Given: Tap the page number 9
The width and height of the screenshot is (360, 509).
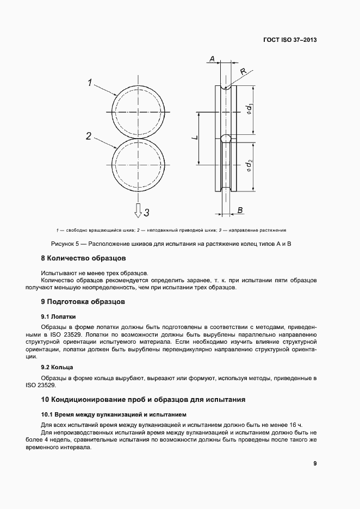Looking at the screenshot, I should [x=315, y=464].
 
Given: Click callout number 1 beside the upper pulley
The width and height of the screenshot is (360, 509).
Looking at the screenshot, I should [x=91, y=83].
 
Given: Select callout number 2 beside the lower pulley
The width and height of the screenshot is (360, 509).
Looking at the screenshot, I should [x=88, y=136].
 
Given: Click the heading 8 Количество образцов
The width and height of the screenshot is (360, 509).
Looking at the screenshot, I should [x=84, y=257].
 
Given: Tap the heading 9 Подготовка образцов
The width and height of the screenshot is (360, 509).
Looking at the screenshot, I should [x=83, y=301].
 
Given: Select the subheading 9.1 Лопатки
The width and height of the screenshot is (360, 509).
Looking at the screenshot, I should [x=58, y=315].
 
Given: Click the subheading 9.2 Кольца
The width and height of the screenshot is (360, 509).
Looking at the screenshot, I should [x=57, y=368].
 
